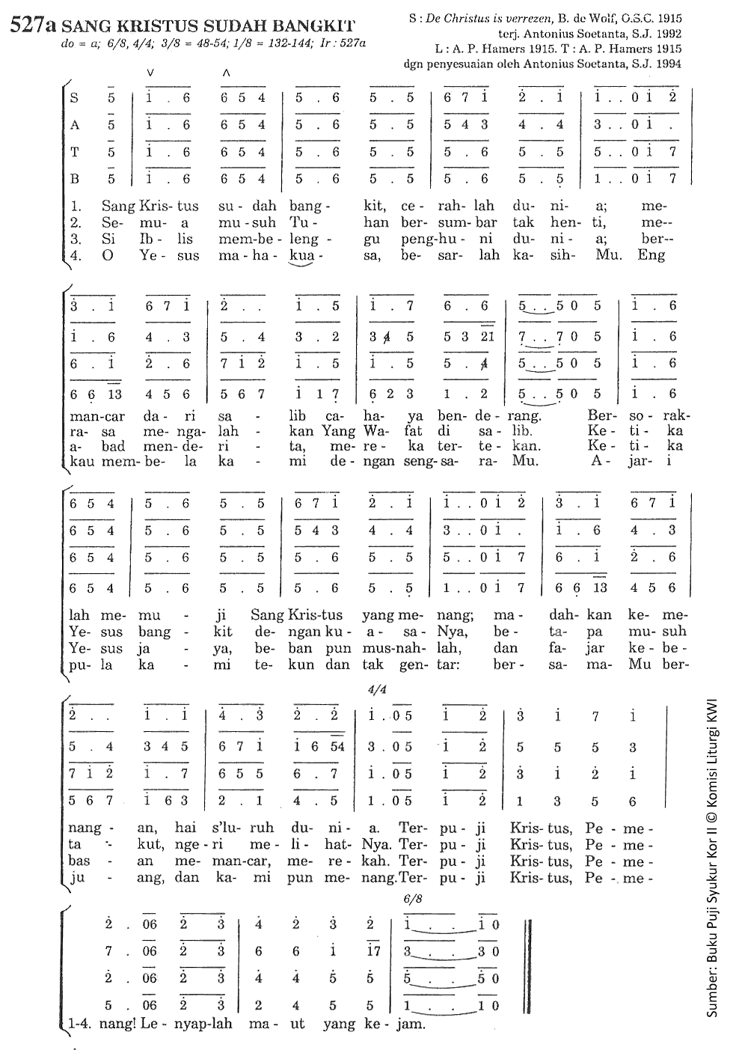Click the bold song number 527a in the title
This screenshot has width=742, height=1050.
tap(34, 27)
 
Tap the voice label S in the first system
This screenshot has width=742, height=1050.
tap(73, 97)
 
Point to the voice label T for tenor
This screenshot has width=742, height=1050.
tap(74, 152)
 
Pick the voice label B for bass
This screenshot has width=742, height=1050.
tap(74, 179)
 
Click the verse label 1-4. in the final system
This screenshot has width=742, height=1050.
tap(79, 1024)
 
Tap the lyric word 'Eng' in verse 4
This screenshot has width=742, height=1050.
tap(651, 255)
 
